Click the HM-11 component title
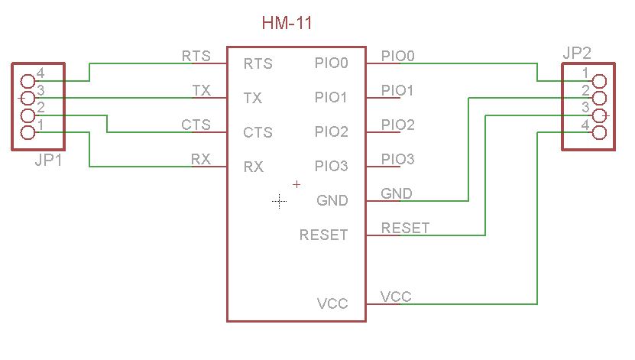[x=287, y=24]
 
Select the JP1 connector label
[x=48, y=161]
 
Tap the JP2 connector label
[x=577, y=54]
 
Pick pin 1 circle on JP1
[x=28, y=133]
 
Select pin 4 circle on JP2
[x=599, y=133]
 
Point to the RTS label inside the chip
[x=258, y=64]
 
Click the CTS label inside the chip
[x=258, y=133]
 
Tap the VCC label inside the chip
[x=332, y=304]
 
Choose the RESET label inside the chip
[x=324, y=235]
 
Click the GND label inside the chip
[x=332, y=201]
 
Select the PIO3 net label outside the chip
[x=398, y=159]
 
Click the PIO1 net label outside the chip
[x=398, y=90]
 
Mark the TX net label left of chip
[x=201, y=90]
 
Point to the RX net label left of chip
[x=200, y=159]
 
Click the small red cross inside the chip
[x=297, y=184]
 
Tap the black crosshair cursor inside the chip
[x=280, y=202]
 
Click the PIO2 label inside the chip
[x=332, y=133]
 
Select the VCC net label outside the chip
[x=396, y=297]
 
